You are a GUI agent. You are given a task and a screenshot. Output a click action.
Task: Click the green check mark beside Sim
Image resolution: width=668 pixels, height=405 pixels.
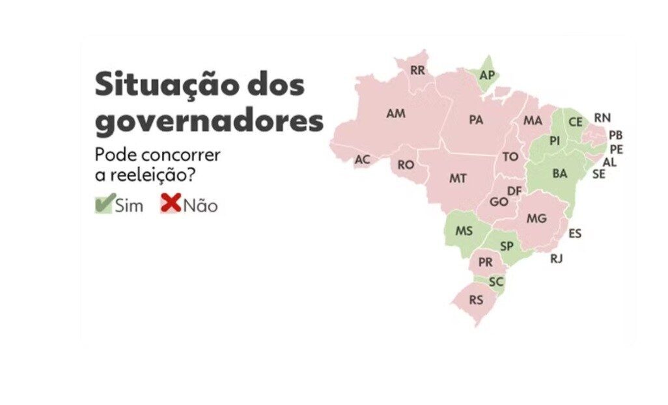[105, 204]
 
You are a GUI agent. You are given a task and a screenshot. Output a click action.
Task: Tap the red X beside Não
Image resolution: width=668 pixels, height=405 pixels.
[171, 204]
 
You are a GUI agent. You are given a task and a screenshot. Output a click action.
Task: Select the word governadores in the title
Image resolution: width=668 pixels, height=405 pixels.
[209, 121]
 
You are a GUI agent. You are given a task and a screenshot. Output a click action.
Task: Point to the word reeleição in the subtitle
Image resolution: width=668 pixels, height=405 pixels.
[166, 175]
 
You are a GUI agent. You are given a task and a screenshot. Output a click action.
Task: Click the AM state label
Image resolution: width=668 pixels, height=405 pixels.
[395, 113]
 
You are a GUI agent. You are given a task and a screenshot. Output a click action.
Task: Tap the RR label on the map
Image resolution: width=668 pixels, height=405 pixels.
[417, 70]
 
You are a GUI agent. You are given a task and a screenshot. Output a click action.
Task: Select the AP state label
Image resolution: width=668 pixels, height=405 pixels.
[487, 75]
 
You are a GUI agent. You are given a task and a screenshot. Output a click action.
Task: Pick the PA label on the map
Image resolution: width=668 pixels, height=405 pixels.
[476, 120]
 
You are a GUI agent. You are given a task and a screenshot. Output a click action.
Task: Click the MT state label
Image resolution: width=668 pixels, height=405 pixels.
[458, 178]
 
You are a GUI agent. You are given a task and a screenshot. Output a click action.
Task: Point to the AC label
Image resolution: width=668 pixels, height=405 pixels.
[362, 160]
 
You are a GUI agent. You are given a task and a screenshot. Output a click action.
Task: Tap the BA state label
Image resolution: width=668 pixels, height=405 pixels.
[560, 173]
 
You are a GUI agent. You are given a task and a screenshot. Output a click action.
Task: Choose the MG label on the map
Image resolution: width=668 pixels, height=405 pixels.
[536, 218]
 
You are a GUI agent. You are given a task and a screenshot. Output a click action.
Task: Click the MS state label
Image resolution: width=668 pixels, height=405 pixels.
[464, 231]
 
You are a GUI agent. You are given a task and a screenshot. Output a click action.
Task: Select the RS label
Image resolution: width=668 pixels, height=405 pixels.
[476, 300]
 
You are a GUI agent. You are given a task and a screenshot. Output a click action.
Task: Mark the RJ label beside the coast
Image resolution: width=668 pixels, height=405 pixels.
[556, 258]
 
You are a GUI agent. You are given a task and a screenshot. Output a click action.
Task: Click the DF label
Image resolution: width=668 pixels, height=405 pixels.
[514, 191]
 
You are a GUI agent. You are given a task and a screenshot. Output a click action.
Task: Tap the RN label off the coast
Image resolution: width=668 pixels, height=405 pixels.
[602, 118]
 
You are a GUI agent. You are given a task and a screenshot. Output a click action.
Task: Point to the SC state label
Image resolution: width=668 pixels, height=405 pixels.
[496, 282]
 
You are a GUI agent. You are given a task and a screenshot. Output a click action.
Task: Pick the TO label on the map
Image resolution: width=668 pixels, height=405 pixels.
[510, 157]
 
